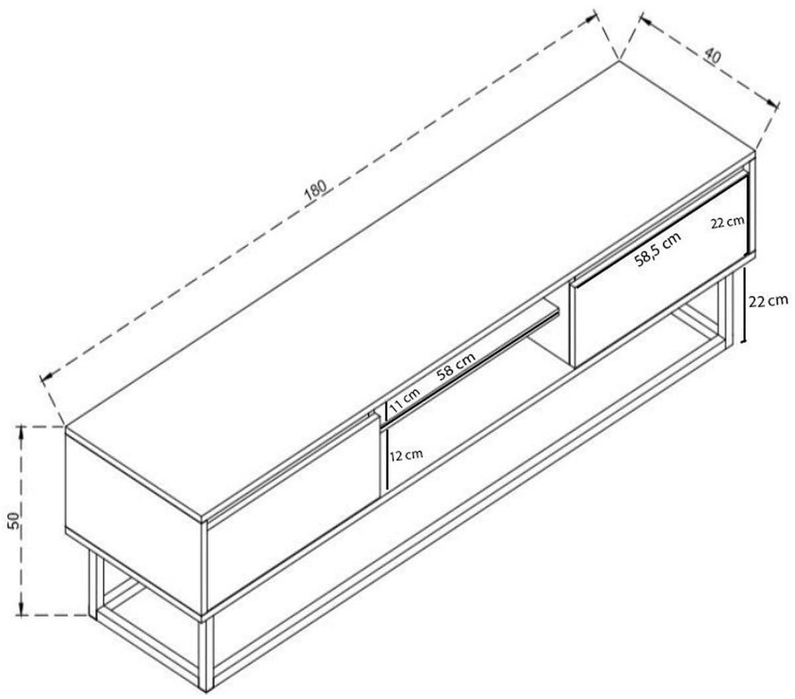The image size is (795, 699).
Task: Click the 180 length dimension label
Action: point(315,190)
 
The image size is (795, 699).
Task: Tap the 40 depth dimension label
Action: point(712,56)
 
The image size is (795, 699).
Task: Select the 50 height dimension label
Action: point(14,520)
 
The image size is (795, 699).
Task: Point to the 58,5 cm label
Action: point(658,249)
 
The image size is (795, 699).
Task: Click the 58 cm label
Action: point(456,366)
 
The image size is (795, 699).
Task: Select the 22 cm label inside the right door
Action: point(727,222)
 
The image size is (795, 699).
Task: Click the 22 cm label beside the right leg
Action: point(768,301)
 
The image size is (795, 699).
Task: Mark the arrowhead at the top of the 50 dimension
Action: point(22,432)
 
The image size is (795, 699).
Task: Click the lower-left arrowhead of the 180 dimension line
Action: point(46,377)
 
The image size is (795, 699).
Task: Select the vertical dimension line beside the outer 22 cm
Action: point(743,305)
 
